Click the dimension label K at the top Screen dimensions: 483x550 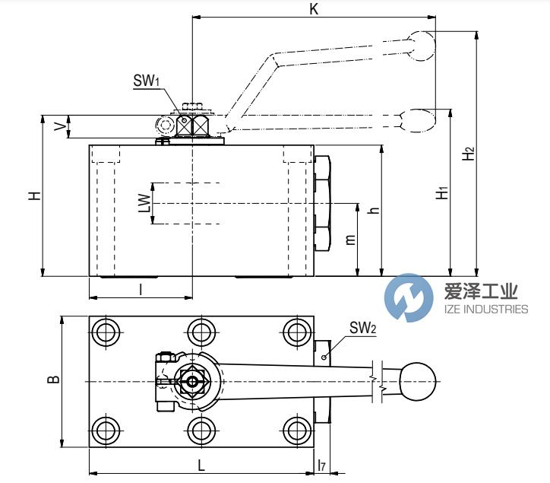click(x=314, y=8)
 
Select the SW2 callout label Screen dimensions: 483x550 click(x=363, y=329)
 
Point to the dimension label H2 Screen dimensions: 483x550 click(x=469, y=153)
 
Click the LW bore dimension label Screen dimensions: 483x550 click(x=141, y=204)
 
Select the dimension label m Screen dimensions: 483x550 click(x=350, y=240)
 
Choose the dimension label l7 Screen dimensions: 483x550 click(x=321, y=465)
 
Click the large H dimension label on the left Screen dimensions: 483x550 click(x=34, y=195)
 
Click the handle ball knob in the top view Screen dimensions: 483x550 click(x=417, y=380)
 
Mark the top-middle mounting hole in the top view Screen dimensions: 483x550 click(x=201, y=332)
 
